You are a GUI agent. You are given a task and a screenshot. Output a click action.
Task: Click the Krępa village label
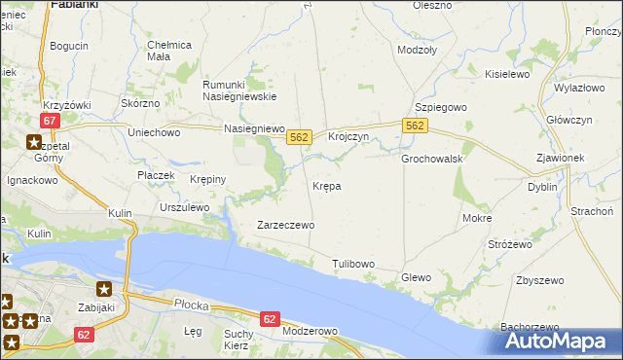326,185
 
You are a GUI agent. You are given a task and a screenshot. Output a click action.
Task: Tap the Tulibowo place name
353,264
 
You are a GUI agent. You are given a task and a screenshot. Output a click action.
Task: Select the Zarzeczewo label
284,225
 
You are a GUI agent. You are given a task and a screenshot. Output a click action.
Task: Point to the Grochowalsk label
431,159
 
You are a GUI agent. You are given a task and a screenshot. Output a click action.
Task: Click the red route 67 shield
52,121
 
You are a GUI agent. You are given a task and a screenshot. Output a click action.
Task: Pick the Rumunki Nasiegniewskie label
239,90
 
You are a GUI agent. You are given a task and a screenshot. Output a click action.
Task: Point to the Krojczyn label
348,137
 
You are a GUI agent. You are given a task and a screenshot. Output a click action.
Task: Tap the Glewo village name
416,278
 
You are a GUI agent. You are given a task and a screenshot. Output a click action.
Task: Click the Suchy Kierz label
238,340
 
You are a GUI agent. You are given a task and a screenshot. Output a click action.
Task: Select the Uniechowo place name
155,131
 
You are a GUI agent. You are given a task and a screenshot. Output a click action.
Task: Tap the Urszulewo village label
185,207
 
